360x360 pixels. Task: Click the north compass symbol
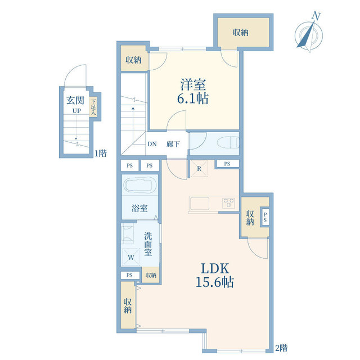pyautogui.click(x=309, y=33)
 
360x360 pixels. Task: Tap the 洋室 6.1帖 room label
pyautogui.click(x=193, y=91)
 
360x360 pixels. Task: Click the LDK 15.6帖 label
pyautogui.click(x=215, y=276)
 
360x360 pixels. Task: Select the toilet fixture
pyautogui.click(x=228, y=143)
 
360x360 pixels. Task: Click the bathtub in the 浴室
pyautogui.click(x=139, y=184)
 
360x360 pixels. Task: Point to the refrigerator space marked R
pyautogui.click(x=199, y=169)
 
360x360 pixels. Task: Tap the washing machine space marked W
pyautogui.click(x=131, y=257)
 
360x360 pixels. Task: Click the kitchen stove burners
pyautogui.click(x=228, y=202)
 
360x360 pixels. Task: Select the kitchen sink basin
pyautogui.click(x=200, y=204)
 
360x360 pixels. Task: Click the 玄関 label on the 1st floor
pyautogui.click(x=75, y=101)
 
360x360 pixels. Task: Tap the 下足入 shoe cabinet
pyautogui.click(x=93, y=107)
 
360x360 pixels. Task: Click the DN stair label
pyautogui.click(x=152, y=144)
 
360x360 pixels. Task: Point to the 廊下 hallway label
pyautogui.click(x=173, y=144)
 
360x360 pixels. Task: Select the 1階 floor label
pyautogui.click(x=101, y=153)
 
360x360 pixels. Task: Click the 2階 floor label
pyautogui.click(x=281, y=348)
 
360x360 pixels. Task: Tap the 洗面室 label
pyautogui.click(x=148, y=244)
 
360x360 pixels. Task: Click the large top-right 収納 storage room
pyautogui.click(x=244, y=33)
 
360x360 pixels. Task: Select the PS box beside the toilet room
pyautogui.click(x=227, y=164)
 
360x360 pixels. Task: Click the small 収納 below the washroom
pyautogui.click(x=151, y=275)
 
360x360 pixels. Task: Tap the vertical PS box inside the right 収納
pyautogui.click(x=265, y=217)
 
